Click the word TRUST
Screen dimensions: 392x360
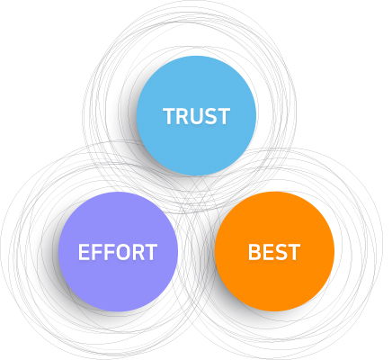pos(197,116)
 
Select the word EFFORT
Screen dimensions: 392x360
pos(118,252)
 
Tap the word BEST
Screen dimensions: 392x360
pos(274,252)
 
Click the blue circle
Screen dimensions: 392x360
pos(196,115)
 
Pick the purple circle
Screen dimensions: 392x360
pos(118,252)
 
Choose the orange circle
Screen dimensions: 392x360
pos(274,251)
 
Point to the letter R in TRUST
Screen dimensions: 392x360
pos(183,116)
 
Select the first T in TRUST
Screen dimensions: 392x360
pos(169,116)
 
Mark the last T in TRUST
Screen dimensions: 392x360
pos(224,116)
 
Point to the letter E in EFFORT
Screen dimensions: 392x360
pos(84,252)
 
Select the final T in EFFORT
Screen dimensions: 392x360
pos(151,252)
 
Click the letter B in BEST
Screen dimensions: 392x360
pos(254,252)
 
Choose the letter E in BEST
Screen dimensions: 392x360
pos(268,252)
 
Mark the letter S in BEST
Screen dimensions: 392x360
pos(281,252)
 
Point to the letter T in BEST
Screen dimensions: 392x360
pos(294,252)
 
